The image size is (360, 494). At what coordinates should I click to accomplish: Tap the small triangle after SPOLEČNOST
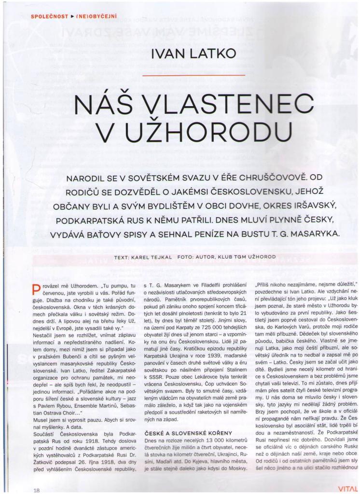coord(72,16)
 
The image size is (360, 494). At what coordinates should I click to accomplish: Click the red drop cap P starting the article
coord(35,288)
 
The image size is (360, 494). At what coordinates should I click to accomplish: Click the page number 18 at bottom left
coord(36,490)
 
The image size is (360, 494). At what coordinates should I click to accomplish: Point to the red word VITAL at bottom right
coord(347,489)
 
